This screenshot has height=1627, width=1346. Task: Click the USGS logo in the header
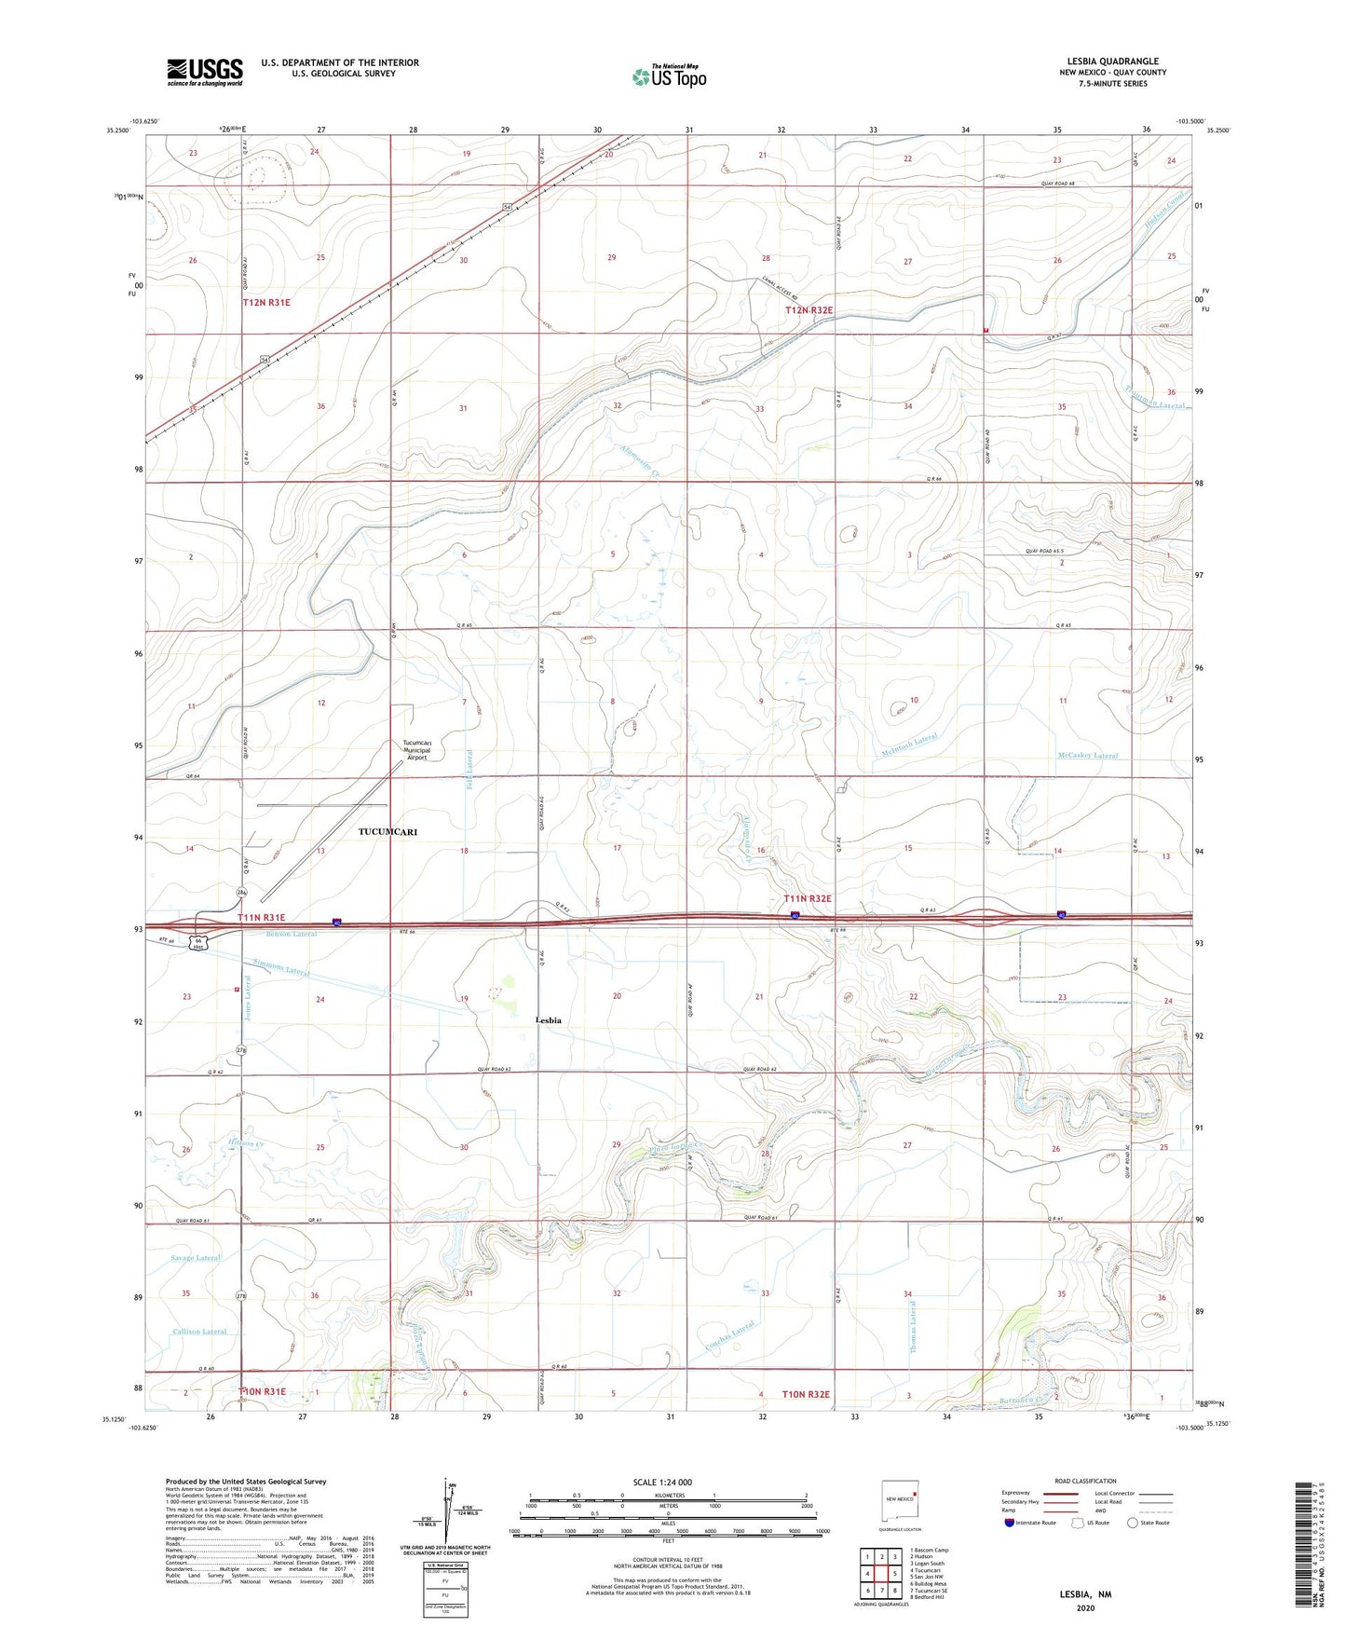(x=204, y=72)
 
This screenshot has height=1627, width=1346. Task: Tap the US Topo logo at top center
(x=669, y=76)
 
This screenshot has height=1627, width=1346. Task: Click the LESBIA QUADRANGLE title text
(x=1112, y=62)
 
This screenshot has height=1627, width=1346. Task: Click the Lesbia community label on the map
(x=549, y=1020)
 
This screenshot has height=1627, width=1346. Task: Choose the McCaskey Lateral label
(x=1087, y=756)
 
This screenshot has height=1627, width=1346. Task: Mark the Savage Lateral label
(x=196, y=1258)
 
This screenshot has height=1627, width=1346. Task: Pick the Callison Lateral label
(x=198, y=1332)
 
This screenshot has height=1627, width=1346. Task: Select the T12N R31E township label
(x=266, y=303)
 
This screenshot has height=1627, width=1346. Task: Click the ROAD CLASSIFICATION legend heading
(x=1084, y=1481)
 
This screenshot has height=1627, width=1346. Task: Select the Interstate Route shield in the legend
(x=1010, y=1523)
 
